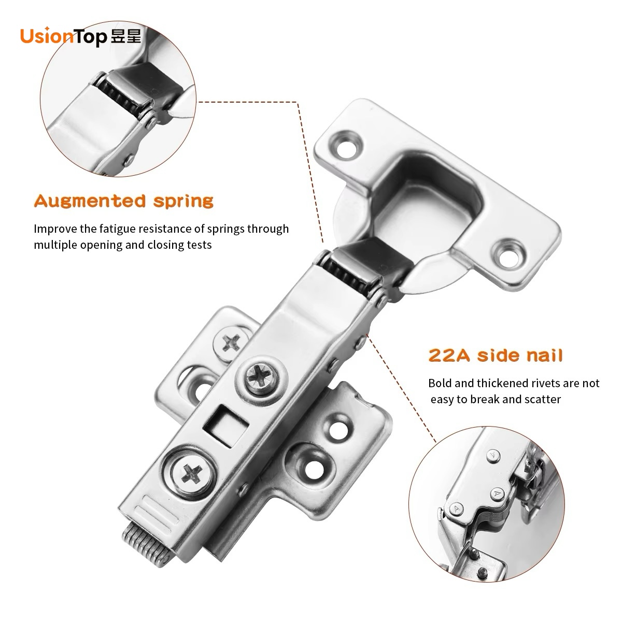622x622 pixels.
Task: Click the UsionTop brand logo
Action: point(81,36)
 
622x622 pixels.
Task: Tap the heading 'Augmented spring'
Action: point(124,202)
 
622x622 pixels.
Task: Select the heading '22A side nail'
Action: point(495,356)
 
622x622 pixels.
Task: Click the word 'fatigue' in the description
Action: point(117,229)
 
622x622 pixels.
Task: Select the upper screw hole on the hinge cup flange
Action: point(347,144)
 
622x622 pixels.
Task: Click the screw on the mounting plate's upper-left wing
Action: point(231,343)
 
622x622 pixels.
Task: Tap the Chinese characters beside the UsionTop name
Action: point(126,36)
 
